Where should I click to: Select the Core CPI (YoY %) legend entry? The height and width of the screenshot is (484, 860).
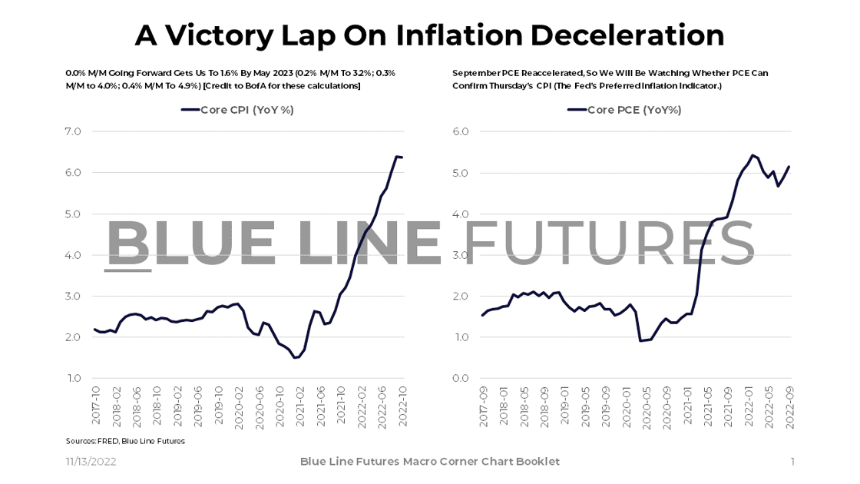pos(237,110)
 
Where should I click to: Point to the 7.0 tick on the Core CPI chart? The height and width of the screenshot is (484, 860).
pos(72,132)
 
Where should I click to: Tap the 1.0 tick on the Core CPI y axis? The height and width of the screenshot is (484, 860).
pos(72,378)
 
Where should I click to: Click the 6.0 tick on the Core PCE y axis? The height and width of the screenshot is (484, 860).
pos(460,132)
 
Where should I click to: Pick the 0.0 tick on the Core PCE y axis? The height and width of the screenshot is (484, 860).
pos(460,378)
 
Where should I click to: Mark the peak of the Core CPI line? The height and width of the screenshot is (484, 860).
pos(396,157)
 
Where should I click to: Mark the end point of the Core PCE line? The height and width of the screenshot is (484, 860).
pos(789,167)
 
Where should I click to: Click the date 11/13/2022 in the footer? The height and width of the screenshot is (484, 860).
pos(91,462)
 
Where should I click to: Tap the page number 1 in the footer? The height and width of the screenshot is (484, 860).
pos(792,462)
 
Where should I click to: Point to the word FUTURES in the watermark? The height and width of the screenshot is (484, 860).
pos(610,243)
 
